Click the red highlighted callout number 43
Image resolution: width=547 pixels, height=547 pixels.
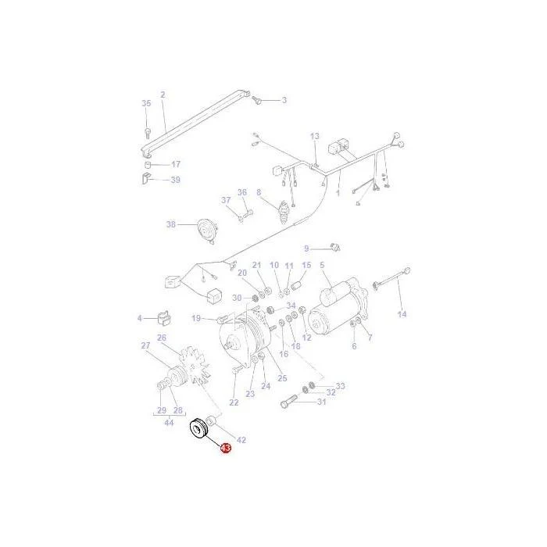[226, 448]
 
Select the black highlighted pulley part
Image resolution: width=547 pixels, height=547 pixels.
[198, 428]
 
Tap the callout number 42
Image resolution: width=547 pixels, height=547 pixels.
[241, 440]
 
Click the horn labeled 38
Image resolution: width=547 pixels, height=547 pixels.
[207, 231]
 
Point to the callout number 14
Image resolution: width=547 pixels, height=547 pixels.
[402, 314]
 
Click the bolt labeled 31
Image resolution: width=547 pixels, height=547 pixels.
[288, 402]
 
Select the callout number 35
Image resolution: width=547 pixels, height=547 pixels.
[146, 103]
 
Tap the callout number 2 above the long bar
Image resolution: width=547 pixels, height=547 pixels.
[163, 95]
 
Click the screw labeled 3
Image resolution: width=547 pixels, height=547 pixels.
[257, 100]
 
